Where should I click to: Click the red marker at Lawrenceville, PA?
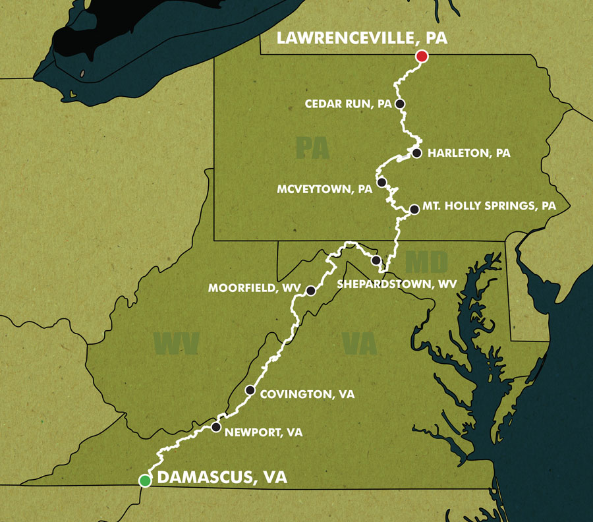[x=422, y=57]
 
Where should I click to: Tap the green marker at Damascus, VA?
[x=145, y=480]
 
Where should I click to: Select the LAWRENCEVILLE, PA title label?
[x=362, y=38]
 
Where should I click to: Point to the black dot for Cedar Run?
[x=399, y=103]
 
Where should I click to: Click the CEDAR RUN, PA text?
[x=349, y=104]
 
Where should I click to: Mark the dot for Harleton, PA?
[x=416, y=153]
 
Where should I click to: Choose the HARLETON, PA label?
[x=469, y=154]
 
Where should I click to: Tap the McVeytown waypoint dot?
[x=381, y=181]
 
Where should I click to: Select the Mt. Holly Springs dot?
[x=414, y=210]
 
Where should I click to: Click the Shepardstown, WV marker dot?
[x=376, y=260]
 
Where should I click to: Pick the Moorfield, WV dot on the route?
[x=310, y=290]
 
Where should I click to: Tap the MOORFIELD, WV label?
[x=254, y=289]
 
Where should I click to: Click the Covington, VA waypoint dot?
[x=250, y=390]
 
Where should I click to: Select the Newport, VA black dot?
[x=216, y=427]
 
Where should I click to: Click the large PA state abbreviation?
[x=312, y=148]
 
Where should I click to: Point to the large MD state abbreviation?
[x=426, y=262]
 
